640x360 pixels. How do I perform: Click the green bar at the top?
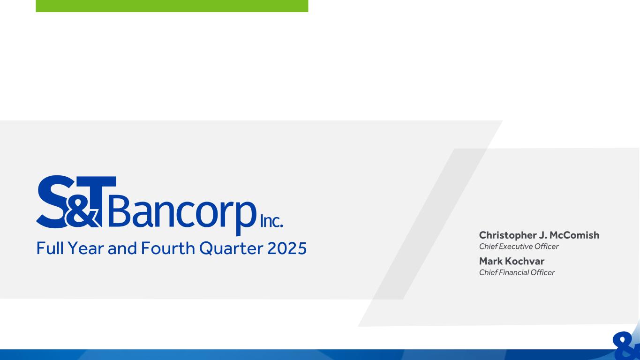172,6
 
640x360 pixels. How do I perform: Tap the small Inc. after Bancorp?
271,222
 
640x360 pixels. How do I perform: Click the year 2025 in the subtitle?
287,248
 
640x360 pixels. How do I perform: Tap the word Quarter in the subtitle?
231,248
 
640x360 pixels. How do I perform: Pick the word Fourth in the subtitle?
168,247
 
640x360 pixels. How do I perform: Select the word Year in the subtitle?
86,247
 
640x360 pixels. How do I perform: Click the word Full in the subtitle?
50,247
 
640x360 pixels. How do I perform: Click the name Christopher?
508,236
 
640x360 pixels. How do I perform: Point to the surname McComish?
574,235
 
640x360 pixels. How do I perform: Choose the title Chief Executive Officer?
519,246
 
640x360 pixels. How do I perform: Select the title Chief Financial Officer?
517,272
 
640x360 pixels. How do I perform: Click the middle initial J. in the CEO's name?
543,235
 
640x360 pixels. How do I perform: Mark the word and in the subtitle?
122,247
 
